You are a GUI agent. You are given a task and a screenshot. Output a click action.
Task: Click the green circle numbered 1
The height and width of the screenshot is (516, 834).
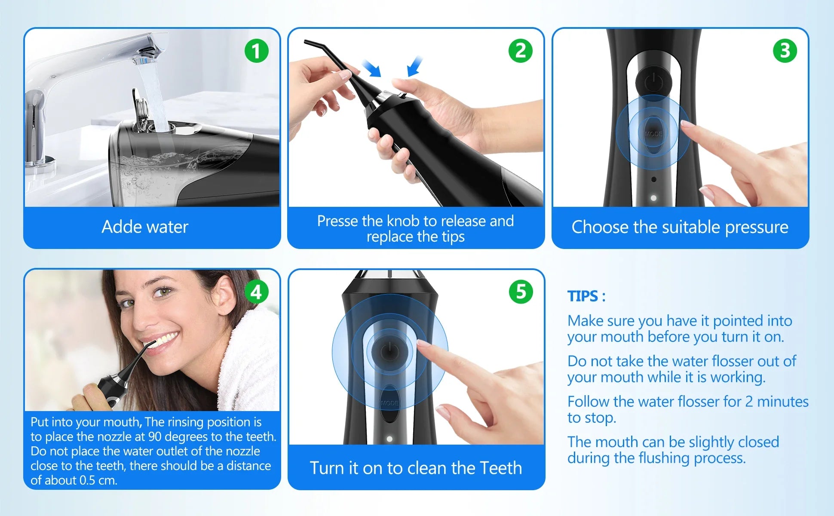click(x=257, y=51)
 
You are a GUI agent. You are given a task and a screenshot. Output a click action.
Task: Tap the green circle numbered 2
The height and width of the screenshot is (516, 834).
click(x=521, y=51)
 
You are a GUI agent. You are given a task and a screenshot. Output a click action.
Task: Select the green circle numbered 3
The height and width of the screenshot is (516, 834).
click(x=785, y=51)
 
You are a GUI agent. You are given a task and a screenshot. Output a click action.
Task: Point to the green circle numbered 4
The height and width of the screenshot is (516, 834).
click(x=257, y=292)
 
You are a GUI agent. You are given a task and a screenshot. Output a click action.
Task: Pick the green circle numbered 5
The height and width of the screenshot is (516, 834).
click(x=521, y=292)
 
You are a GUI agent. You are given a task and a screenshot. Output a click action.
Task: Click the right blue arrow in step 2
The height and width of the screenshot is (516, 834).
click(x=415, y=67)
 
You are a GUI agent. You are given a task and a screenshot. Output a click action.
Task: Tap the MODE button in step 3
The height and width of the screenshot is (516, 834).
click(x=653, y=134)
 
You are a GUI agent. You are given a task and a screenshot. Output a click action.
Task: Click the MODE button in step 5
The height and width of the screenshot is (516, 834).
click(x=389, y=403)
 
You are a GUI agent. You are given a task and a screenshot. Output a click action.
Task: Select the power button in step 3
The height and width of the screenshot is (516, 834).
click(x=653, y=80)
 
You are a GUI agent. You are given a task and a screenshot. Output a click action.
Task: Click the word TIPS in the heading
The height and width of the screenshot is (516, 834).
click(x=583, y=296)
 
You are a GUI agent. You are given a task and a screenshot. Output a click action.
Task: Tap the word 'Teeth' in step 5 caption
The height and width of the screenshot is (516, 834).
click(x=501, y=468)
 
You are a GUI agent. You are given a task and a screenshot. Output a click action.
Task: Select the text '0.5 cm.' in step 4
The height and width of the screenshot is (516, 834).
click(x=98, y=480)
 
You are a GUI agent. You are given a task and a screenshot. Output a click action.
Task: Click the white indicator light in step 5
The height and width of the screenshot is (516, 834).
click(x=389, y=439)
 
